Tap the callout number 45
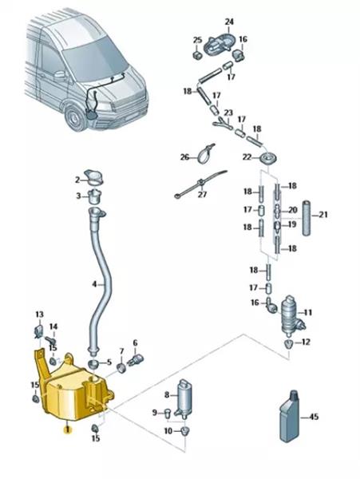[x=314, y=417]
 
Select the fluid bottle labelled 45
[x=290, y=417]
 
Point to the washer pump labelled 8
[x=185, y=399]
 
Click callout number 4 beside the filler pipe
[x=94, y=284]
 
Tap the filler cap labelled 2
[x=95, y=177]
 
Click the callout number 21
[x=323, y=215]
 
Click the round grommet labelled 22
[x=269, y=159]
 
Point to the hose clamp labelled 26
[x=205, y=153]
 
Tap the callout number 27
[x=203, y=194]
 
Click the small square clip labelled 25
[x=197, y=55]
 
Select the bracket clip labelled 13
[x=39, y=331]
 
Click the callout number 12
[x=306, y=342]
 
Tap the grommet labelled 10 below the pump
[x=184, y=431]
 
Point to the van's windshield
[x=95, y=58]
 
